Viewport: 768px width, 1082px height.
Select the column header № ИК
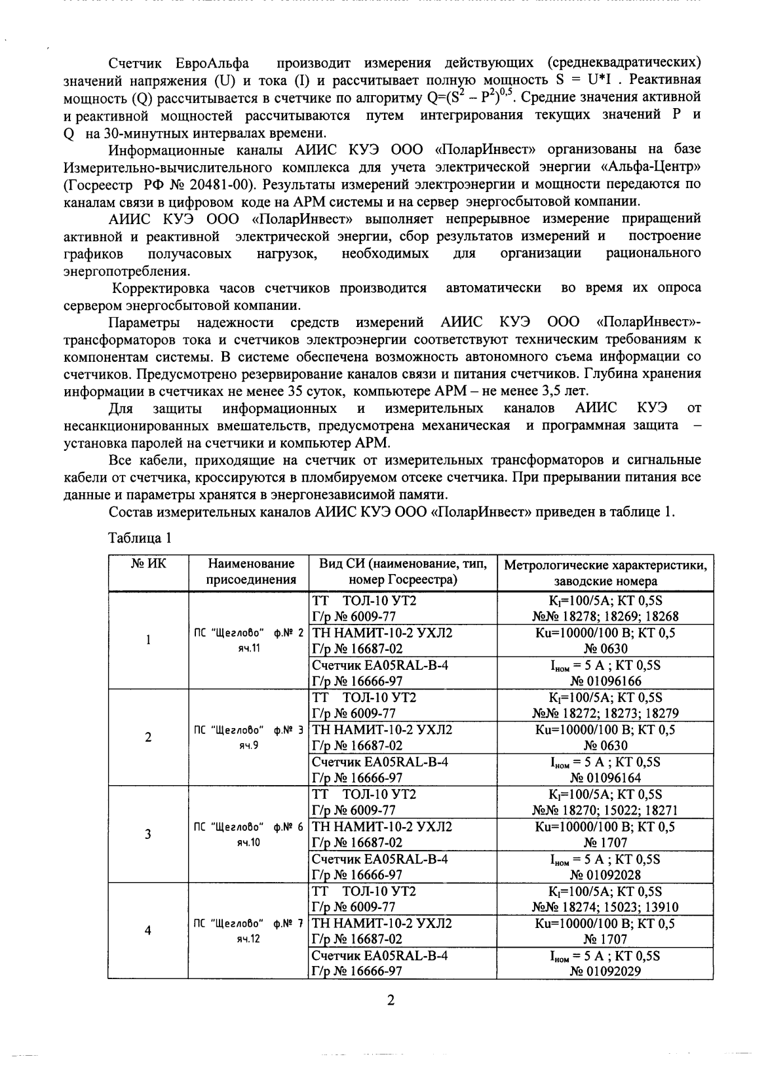(148, 564)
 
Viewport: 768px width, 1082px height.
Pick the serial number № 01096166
(605, 681)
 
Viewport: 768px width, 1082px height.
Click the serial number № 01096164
(605, 778)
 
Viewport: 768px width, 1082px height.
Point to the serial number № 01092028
(605, 874)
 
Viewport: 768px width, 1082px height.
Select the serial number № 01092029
(605, 971)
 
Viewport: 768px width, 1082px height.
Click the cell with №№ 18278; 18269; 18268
(605, 617)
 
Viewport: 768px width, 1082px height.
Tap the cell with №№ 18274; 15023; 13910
(605, 907)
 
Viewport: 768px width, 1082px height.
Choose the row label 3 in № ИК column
(148, 834)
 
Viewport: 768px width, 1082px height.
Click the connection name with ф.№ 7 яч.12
(248, 931)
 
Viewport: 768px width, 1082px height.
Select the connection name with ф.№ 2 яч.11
(248, 640)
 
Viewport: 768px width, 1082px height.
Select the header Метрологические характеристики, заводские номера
(605, 572)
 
